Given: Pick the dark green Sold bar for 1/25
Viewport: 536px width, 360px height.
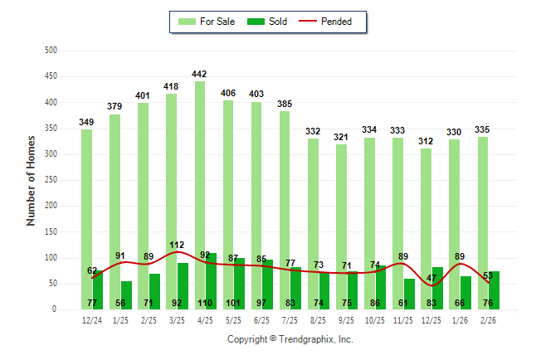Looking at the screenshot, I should point(126,295).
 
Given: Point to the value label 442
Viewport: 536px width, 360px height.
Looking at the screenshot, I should point(200,74).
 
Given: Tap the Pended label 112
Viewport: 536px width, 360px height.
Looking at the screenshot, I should point(177,245).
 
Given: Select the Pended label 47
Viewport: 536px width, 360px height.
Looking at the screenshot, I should point(431,278).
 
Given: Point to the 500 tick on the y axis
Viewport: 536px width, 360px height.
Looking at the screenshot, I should point(51,51).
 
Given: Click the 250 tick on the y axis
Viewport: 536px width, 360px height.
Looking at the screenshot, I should point(51,180).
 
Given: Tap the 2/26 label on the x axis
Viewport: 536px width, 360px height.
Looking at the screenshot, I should point(489,320).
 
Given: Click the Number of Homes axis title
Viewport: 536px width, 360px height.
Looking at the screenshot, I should point(31,180).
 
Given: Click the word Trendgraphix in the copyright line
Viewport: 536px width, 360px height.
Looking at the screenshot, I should point(306,339).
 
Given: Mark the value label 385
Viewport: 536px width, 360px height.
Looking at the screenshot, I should point(285,104).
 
